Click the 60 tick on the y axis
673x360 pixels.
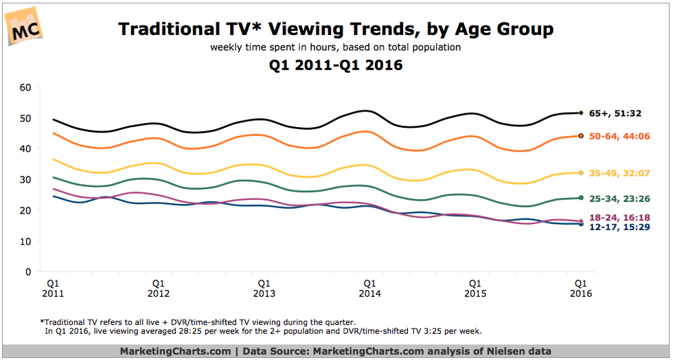tap(26, 87)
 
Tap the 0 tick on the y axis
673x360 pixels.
tap(29, 272)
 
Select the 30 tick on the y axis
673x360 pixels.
tap(26, 179)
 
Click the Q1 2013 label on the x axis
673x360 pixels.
tap(264, 288)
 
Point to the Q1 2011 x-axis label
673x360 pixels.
tap(52, 288)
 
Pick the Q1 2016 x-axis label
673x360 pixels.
tap(580, 288)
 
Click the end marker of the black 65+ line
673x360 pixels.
tap(580, 113)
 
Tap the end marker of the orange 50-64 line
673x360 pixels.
tap(580, 136)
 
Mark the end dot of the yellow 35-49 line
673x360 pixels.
tap(580, 172)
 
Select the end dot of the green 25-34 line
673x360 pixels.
tap(580, 198)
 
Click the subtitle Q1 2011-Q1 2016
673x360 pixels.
tap(336, 66)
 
